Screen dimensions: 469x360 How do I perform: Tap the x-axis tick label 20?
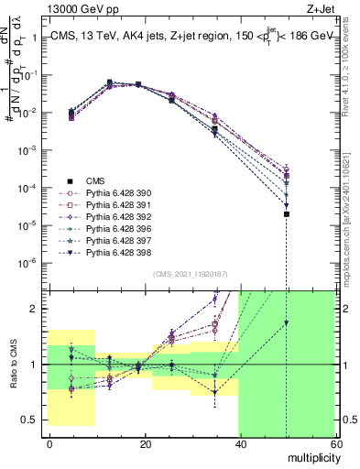[145, 443]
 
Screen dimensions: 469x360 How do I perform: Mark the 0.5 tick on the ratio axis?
[30, 420]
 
